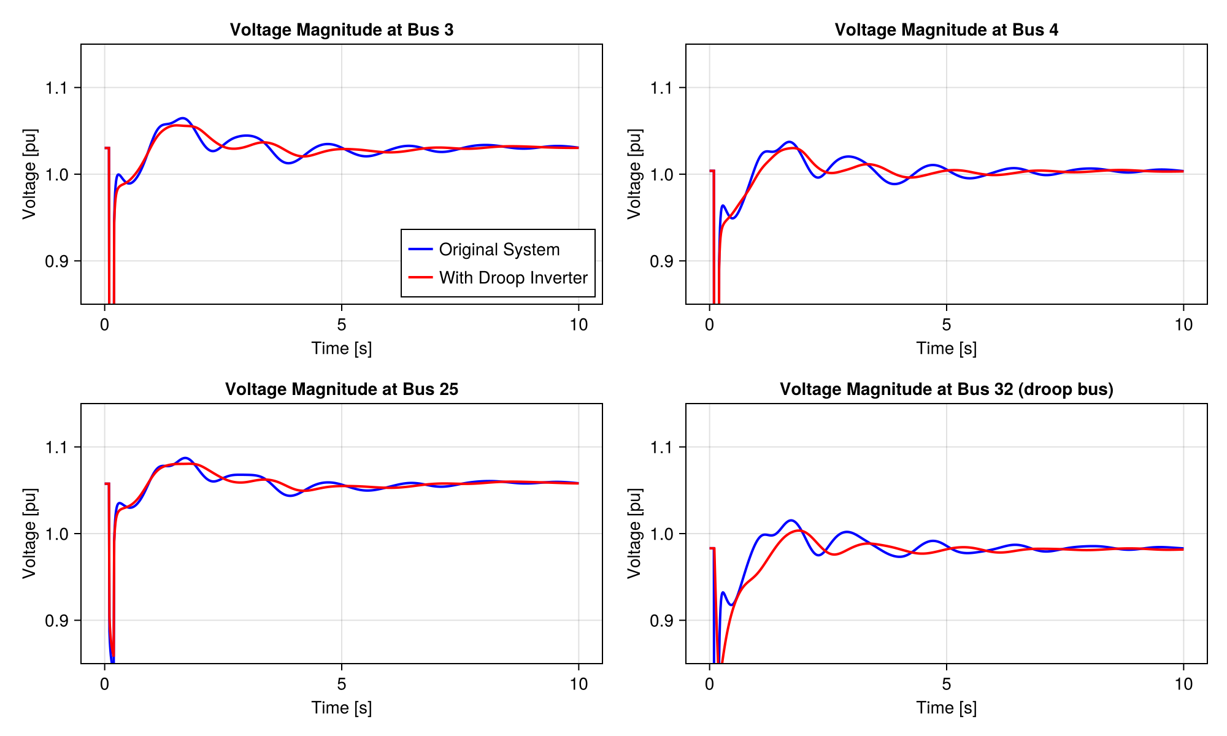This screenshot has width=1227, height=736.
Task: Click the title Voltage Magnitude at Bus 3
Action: click(341, 29)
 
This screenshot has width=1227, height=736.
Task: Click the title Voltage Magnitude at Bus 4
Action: click(946, 29)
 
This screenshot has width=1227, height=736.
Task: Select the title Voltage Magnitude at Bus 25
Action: click(341, 389)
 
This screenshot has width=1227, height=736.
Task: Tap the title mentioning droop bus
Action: click(946, 389)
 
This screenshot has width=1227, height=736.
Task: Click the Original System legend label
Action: click(499, 250)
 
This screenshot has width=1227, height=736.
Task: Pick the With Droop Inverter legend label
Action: click(513, 278)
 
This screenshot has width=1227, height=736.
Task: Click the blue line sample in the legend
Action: click(421, 249)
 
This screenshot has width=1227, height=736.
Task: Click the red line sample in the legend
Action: click(421, 277)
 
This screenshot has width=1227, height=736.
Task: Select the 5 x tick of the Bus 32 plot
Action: click(946, 684)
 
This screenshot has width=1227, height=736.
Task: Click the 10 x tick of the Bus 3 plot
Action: click(579, 324)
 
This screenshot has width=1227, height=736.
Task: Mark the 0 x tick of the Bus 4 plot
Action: click(710, 324)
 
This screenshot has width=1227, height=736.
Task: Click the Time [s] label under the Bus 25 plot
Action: click(341, 708)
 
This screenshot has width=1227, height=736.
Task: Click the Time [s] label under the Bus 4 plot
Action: click(946, 348)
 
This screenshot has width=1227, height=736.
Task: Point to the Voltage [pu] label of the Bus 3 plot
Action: click(29, 174)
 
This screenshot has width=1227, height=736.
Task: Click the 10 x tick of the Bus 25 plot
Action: click(579, 684)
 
